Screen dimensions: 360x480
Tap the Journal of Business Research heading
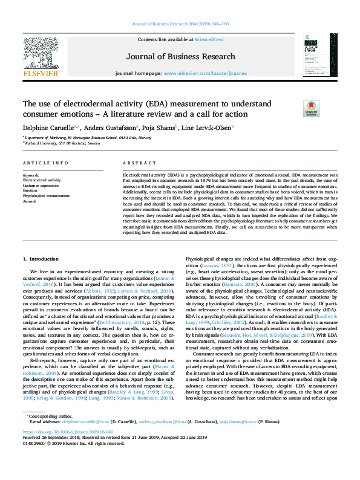(x=180, y=57)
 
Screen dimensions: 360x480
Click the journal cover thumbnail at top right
(x=316, y=55)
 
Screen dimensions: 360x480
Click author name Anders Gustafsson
(x=111, y=128)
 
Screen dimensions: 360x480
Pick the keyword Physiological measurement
(x=47, y=196)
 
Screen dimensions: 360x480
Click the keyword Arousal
(x=30, y=201)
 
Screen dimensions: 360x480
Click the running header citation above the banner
(x=180, y=24)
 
